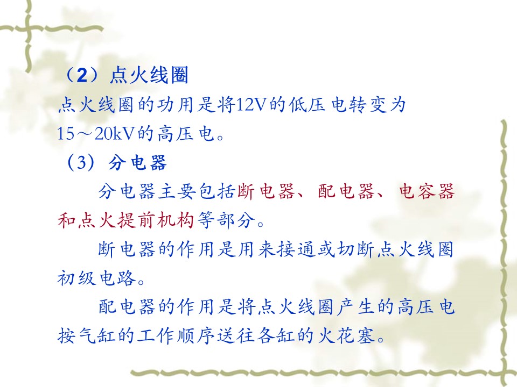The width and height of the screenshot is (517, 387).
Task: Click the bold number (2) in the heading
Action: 82,75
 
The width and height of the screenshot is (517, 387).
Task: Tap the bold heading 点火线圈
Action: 149,75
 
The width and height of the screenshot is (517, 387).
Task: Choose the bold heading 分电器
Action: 137,162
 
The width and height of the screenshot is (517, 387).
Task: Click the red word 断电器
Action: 266,191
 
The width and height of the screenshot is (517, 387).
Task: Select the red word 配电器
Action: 346,191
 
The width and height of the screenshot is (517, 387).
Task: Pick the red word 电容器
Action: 427,191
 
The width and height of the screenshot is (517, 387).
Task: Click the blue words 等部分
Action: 227,220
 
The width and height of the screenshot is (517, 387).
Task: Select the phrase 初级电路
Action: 97,278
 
